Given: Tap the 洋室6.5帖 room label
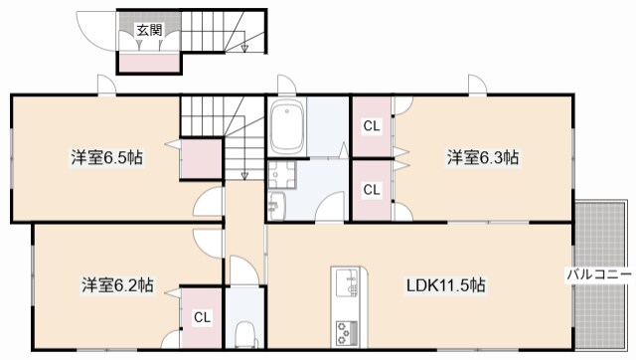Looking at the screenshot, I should pyautogui.click(x=105, y=157).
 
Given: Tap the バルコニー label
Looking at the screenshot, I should pyautogui.click(x=599, y=271).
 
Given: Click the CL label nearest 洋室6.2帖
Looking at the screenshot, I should pyautogui.click(x=202, y=318).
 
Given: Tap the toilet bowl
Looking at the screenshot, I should pyautogui.click(x=244, y=333).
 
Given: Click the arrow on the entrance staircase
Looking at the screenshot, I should pyautogui.click(x=244, y=47).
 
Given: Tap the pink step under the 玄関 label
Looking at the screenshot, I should pyautogui.click(x=149, y=63).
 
